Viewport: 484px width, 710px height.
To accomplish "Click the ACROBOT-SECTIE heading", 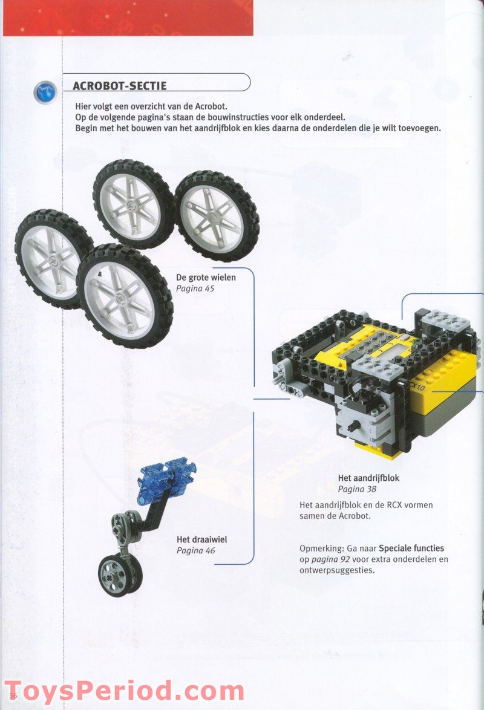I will click(x=119, y=86).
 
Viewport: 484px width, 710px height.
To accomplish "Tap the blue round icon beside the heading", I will click(x=45, y=92).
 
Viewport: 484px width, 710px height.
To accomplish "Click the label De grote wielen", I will click(x=206, y=278).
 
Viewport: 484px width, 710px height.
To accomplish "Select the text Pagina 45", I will click(x=195, y=288).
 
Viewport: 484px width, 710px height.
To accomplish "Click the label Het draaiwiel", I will click(x=202, y=539).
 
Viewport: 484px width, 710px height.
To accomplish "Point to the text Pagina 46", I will click(x=195, y=550).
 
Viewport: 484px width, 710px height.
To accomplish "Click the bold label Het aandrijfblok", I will click(x=368, y=478).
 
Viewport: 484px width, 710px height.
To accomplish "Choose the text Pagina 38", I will click(x=357, y=489).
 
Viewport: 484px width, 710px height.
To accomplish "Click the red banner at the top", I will click(x=127, y=18).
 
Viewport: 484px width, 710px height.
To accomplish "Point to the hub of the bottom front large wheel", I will click(x=125, y=296).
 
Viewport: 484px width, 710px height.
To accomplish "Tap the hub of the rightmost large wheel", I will click(x=216, y=216).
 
